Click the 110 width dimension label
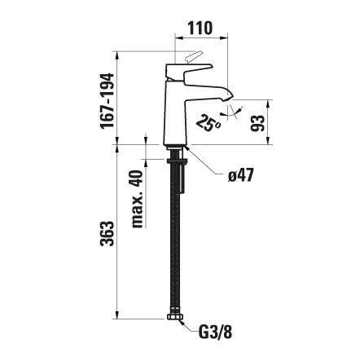coord(200,28)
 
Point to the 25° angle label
coord(209,124)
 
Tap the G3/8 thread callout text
coord(215,332)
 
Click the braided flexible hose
coord(175,244)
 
